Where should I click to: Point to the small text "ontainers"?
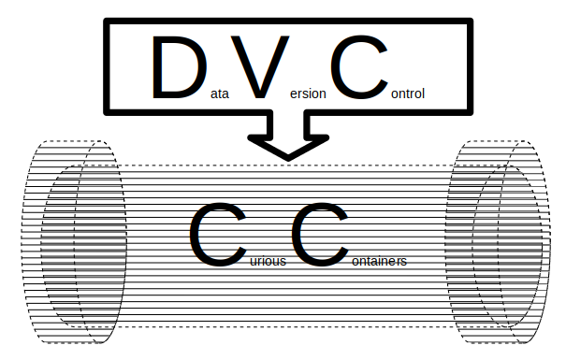click(x=378, y=261)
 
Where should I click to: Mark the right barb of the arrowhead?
click(x=324, y=138)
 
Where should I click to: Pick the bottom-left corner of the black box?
click(x=107, y=108)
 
